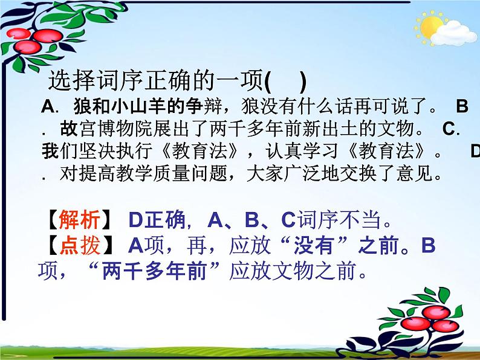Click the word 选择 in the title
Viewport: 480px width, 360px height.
(68, 81)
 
